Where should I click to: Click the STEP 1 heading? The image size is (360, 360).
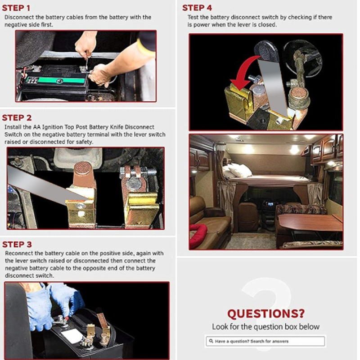(16, 8)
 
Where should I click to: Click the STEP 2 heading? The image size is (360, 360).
(17, 118)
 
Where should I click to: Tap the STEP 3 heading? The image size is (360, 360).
(17, 244)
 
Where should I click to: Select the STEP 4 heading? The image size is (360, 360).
(197, 8)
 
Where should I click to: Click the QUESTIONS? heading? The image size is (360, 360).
(266, 314)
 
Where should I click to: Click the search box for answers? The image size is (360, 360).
(265, 341)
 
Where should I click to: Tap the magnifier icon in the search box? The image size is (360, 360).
(211, 341)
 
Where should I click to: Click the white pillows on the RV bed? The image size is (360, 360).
(237, 171)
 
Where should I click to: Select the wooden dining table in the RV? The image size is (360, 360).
(310, 221)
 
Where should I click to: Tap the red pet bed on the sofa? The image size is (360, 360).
(198, 235)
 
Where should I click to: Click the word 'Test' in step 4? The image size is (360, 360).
(193, 17)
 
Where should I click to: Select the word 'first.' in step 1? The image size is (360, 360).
(47, 25)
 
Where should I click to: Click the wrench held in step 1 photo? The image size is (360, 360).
(86, 62)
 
